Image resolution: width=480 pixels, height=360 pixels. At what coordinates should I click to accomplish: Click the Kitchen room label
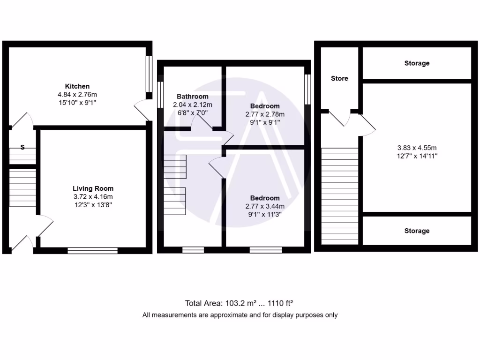point(77,86)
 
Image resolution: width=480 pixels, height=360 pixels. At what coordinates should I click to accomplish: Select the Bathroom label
point(193,97)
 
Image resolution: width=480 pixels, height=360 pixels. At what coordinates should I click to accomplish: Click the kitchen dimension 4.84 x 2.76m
point(77,94)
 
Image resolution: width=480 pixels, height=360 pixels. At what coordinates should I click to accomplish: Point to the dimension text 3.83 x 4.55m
point(417,148)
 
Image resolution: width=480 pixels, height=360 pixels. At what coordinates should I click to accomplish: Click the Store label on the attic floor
point(339,78)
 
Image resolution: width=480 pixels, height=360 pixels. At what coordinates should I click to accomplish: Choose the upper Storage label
point(417,63)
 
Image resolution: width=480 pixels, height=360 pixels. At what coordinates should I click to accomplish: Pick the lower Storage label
point(417,231)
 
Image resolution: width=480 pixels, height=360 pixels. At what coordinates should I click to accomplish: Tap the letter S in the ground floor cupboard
point(22,148)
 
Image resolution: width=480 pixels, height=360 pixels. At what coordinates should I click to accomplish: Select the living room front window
point(92,250)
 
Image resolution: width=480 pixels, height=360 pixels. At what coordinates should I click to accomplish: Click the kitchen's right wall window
point(149,75)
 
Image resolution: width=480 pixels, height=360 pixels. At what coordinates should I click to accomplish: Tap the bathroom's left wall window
point(160,96)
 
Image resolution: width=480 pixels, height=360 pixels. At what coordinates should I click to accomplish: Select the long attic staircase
point(340,195)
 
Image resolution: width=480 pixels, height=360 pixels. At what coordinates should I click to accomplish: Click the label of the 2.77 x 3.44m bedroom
point(264,198)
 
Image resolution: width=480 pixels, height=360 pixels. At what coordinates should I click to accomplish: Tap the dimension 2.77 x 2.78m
point(264,114)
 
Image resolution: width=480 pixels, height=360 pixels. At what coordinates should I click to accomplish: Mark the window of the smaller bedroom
point(307,89)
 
